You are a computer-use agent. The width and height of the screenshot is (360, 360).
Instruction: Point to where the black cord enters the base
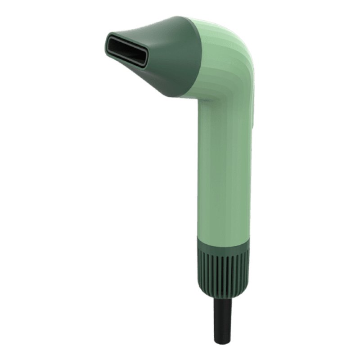pos(222,298)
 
